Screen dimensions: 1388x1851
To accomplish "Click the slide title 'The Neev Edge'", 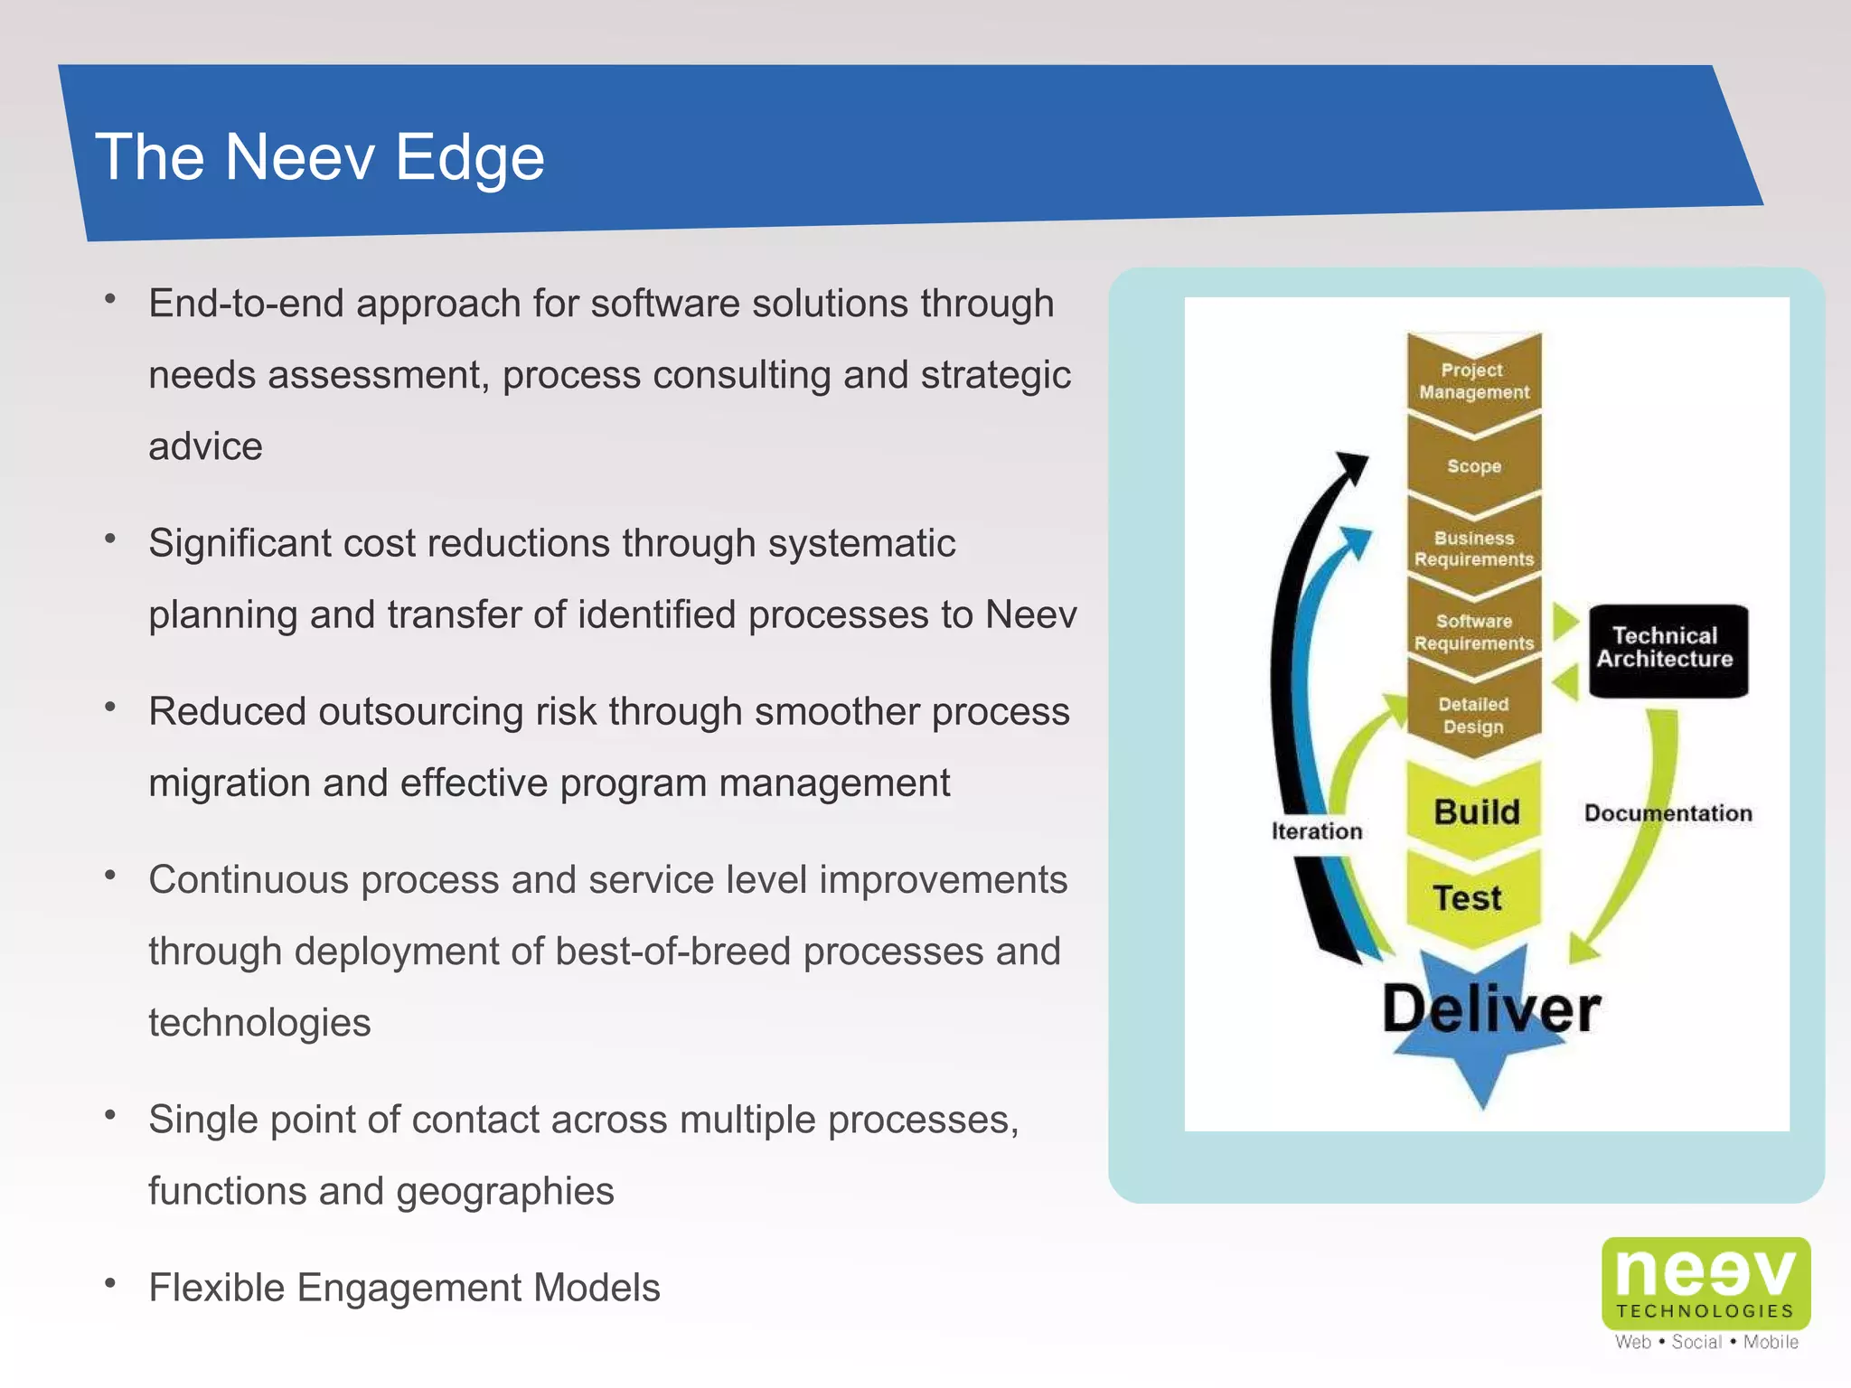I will point(320,157).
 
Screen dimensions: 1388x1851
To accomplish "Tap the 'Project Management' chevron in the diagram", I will point(1473,381).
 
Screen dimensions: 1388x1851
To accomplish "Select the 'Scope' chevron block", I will point(1473,466).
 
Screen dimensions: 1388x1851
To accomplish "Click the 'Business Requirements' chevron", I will point(1473,549).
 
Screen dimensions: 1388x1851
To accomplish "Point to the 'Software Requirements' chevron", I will point(1473,632).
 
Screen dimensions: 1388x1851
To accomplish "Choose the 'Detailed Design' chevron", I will point(1473,715).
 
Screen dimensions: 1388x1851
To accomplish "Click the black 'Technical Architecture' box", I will point(1668,649).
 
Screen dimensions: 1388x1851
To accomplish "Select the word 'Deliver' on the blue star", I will point(1491,1009).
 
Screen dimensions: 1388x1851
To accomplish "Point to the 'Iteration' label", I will point(1316,831).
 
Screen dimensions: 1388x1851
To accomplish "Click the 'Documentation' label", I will point(1668,813).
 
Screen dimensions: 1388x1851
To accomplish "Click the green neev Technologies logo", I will point(1705,1281).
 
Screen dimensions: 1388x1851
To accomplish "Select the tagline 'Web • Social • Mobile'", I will point(1706,1342).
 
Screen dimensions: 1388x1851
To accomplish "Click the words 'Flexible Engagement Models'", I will point(404,1288).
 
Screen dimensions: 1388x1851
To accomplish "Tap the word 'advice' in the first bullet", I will point(205,446).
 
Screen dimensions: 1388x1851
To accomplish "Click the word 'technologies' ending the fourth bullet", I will point(259,1023).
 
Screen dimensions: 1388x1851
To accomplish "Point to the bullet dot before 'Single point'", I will point(110,1114).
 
